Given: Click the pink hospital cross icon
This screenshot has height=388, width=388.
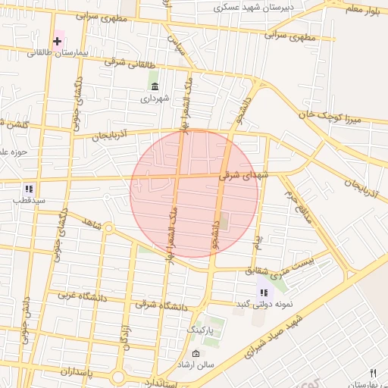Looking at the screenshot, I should pyautogui.click(x=58, y=40).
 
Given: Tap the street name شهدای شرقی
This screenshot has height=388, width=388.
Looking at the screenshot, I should pyautogui.click(x=244, y=174).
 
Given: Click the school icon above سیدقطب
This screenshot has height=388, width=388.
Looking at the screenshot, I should pyautogui.click(x=29, y=189).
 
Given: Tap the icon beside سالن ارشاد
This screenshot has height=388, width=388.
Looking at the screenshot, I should pyautogui.click(x=196, y=354).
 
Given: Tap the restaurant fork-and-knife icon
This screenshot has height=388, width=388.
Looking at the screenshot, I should pyautogui.click(x=372, y=373).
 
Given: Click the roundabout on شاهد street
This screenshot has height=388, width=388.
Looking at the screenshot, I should pyautogui.click(x=108, y=228).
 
